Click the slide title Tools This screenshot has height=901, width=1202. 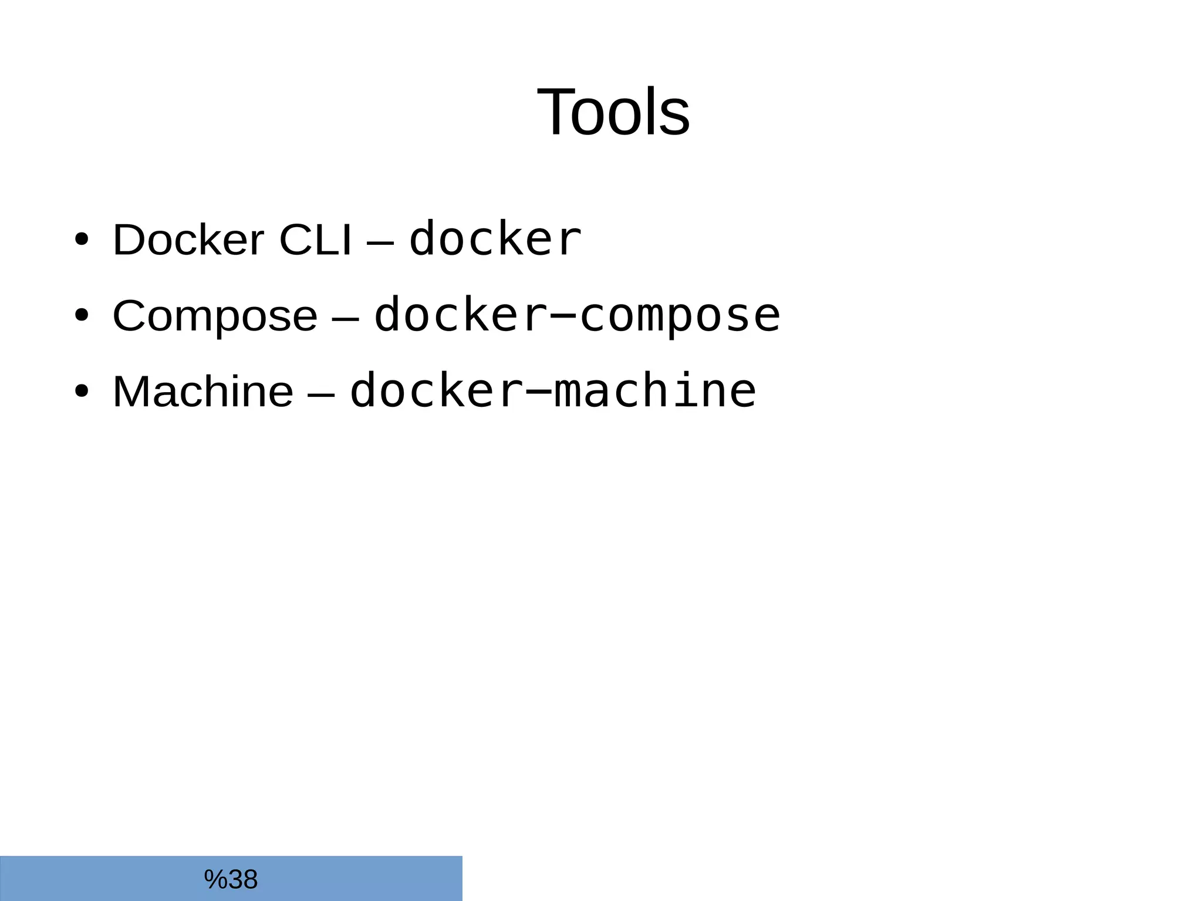coord(613,112)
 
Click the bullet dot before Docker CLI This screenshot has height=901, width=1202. coord(82,239)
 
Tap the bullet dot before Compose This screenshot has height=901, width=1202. coord(82,315)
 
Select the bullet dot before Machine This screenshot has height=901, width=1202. coord(82,391)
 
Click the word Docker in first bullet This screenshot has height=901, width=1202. coord(188,239)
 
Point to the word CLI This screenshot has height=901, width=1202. coord(315,239)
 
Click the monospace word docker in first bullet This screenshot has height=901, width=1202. coord(495,239)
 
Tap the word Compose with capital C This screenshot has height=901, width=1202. coord(215,316)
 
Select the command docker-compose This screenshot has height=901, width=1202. coord(577,316)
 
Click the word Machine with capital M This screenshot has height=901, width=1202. coord(202,392)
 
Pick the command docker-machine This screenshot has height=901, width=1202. coord(552,392)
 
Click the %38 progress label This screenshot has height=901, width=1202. coord(231,879)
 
